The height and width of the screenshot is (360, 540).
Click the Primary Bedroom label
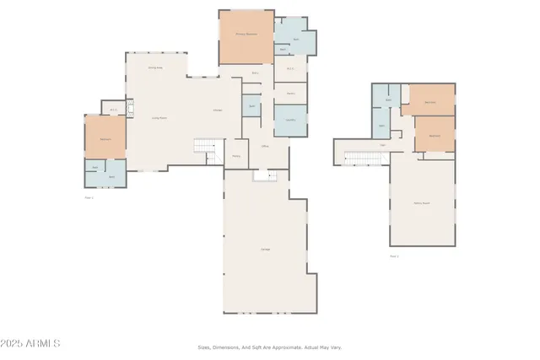click(246, 35)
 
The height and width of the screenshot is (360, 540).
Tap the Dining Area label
click(155, 67)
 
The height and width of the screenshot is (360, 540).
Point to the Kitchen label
click(218, 110)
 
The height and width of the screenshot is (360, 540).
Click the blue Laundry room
click(290, 120)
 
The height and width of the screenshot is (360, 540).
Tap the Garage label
click(264, 248)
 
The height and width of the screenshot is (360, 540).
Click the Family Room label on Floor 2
click(422, 203)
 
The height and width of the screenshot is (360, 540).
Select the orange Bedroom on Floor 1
click(105, 138)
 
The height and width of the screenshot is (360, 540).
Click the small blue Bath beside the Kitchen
click(251, 106)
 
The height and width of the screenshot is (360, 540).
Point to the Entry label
click(236, 155)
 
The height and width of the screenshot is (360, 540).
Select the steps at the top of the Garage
click(266, 175)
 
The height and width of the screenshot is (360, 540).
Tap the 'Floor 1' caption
click(89, 197)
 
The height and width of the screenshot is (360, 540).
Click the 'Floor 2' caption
click(394, 255)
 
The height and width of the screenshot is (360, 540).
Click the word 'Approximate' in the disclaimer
click(283, 347)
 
